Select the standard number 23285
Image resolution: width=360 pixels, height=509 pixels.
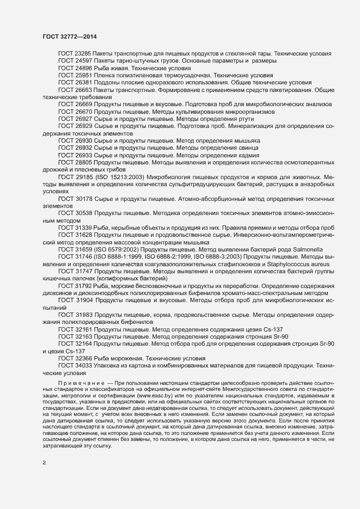pos(83,55)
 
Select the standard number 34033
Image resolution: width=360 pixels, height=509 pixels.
pos(83,366)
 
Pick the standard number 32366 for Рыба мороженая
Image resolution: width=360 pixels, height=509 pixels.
pos(83,358)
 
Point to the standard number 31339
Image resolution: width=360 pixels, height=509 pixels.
pos(83,227)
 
